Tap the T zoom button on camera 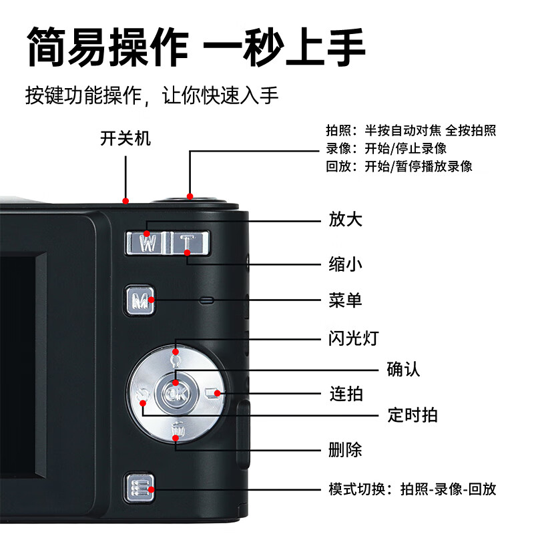[189, 243]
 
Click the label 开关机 [125, 139]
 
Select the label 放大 [346, 220]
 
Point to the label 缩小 [346, 264]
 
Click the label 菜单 [346, 300]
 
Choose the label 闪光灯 [354, 338]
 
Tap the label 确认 [404, 369]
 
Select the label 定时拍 [413, 415]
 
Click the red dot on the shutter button [190, 196]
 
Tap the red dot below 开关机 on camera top [125, 200]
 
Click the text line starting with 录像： [386, 148]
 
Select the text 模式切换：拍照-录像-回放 [412, 489]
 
